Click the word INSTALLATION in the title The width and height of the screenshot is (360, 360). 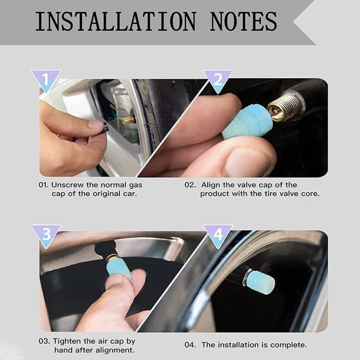116,21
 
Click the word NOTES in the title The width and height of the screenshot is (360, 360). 243,21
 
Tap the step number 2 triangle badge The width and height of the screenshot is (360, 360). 218,80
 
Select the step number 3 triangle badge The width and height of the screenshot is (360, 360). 45,234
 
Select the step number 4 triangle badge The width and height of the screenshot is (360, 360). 218,234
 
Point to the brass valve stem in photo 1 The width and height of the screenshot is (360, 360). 129,120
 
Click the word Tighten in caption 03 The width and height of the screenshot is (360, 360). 69,341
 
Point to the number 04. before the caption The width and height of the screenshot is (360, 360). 190,345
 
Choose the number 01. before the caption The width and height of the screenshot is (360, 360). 44,184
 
